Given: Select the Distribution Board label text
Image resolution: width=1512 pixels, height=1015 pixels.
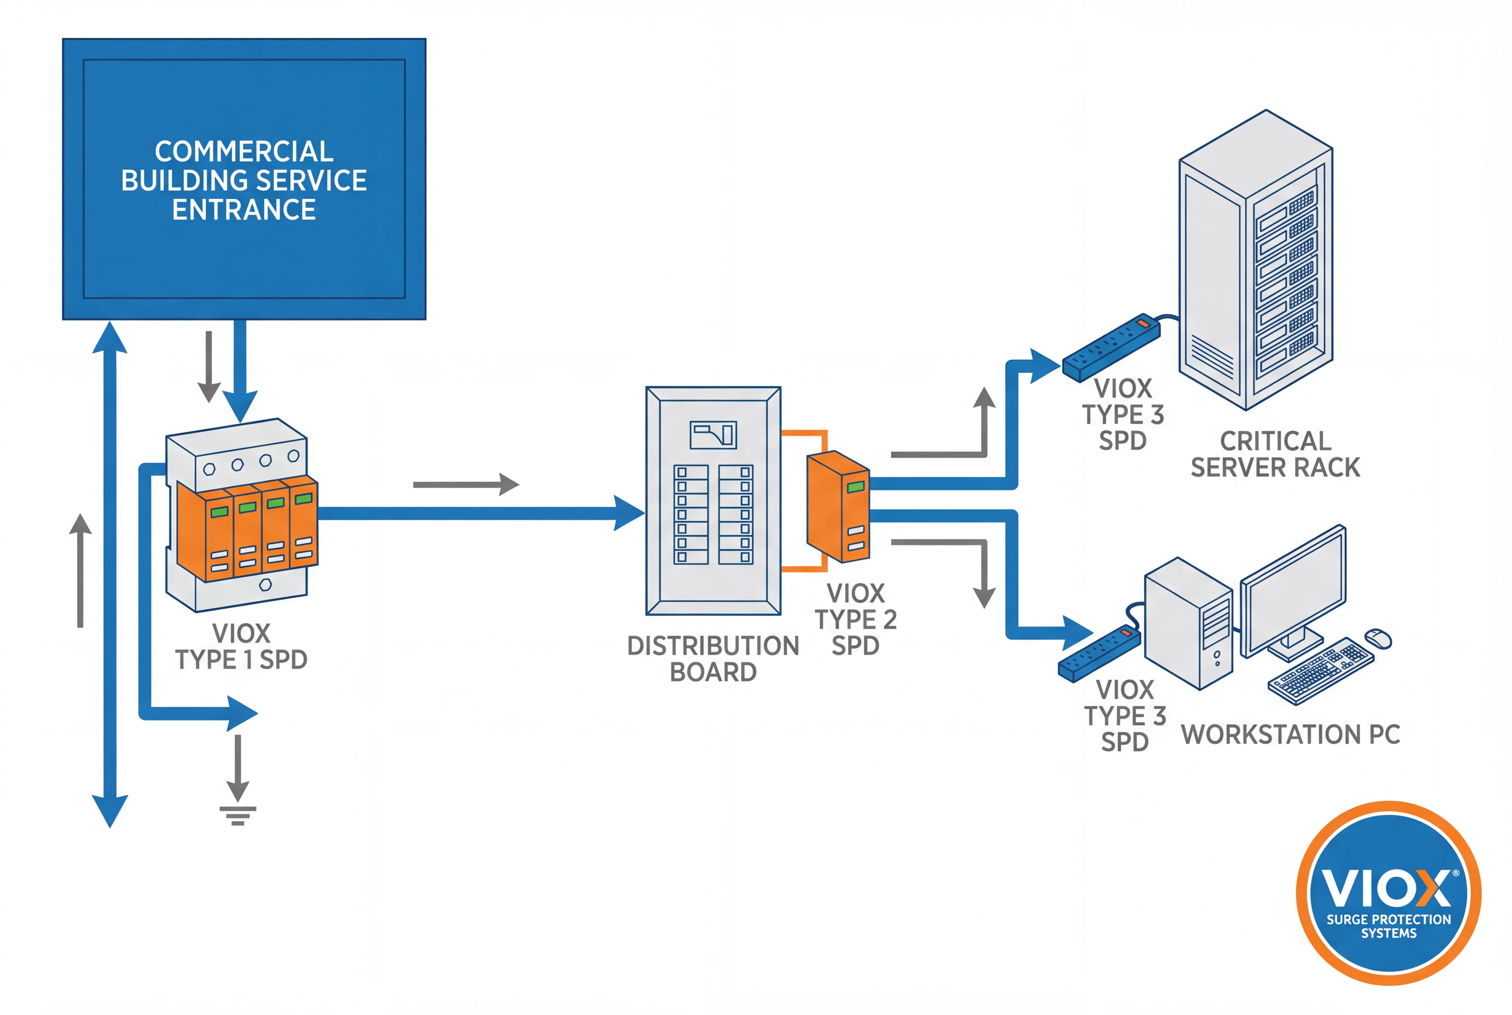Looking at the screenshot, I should (713, 658).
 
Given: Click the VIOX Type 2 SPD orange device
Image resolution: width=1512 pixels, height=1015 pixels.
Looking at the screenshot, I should (838, 506).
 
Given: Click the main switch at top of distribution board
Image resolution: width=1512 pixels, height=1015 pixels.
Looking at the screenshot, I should (713, 434).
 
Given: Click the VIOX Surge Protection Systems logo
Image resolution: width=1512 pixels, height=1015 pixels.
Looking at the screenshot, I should (1388, 893).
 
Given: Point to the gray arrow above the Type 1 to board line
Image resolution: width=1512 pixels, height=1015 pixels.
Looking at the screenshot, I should (466, 484).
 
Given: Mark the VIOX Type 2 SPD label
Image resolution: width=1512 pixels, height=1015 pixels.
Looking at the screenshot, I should (855, 619).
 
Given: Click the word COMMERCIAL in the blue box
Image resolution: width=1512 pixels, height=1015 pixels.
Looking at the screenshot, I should (244, 151).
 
